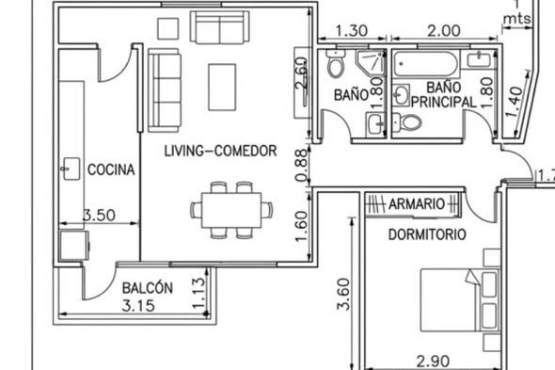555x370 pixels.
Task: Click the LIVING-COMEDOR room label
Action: [x=220, y=151]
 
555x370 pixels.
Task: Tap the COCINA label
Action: [x=111, y=169]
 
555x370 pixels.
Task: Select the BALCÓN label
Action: [x=148, y=288]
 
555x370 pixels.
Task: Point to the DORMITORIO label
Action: [x=427, y=234]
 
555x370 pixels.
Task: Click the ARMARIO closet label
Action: [x=417, y=204]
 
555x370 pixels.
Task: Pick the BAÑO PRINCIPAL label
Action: [x=443, y=95]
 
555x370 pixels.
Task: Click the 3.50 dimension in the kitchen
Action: [x=99, y=215]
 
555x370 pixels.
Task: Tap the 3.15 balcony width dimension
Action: [x=138, y=305]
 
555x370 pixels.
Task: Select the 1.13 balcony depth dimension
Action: [x=198, y=293]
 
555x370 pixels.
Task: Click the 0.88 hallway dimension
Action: [x=302, y=165]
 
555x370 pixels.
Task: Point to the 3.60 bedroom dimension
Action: [x=343, y=294]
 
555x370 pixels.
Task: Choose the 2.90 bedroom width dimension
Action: [x=433, y=362]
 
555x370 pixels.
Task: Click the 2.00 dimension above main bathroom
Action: [x=444, y=31]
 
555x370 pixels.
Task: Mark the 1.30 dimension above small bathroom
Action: [x=352, y=31]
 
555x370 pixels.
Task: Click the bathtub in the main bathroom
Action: [x=426, y=64]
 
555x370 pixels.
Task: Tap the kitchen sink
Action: [x=71, y=169]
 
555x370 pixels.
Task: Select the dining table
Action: [x=231, y=210]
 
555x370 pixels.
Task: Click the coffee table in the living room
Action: [x=222, y=88]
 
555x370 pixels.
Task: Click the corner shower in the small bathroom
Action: [x=371, y=62]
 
